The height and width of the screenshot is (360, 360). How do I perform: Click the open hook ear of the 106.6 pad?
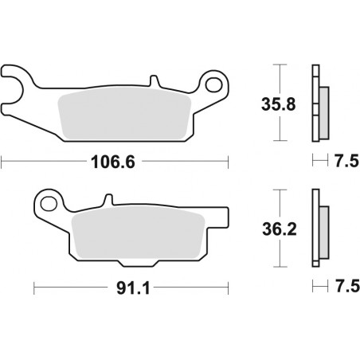(x=16, y=82)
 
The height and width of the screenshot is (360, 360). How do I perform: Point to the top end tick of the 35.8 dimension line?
(x=276, y=65)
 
